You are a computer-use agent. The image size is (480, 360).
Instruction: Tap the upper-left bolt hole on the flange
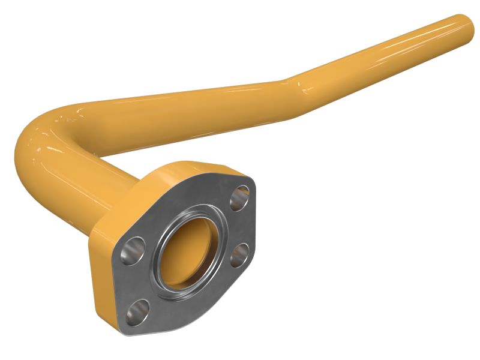click(133, 251)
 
